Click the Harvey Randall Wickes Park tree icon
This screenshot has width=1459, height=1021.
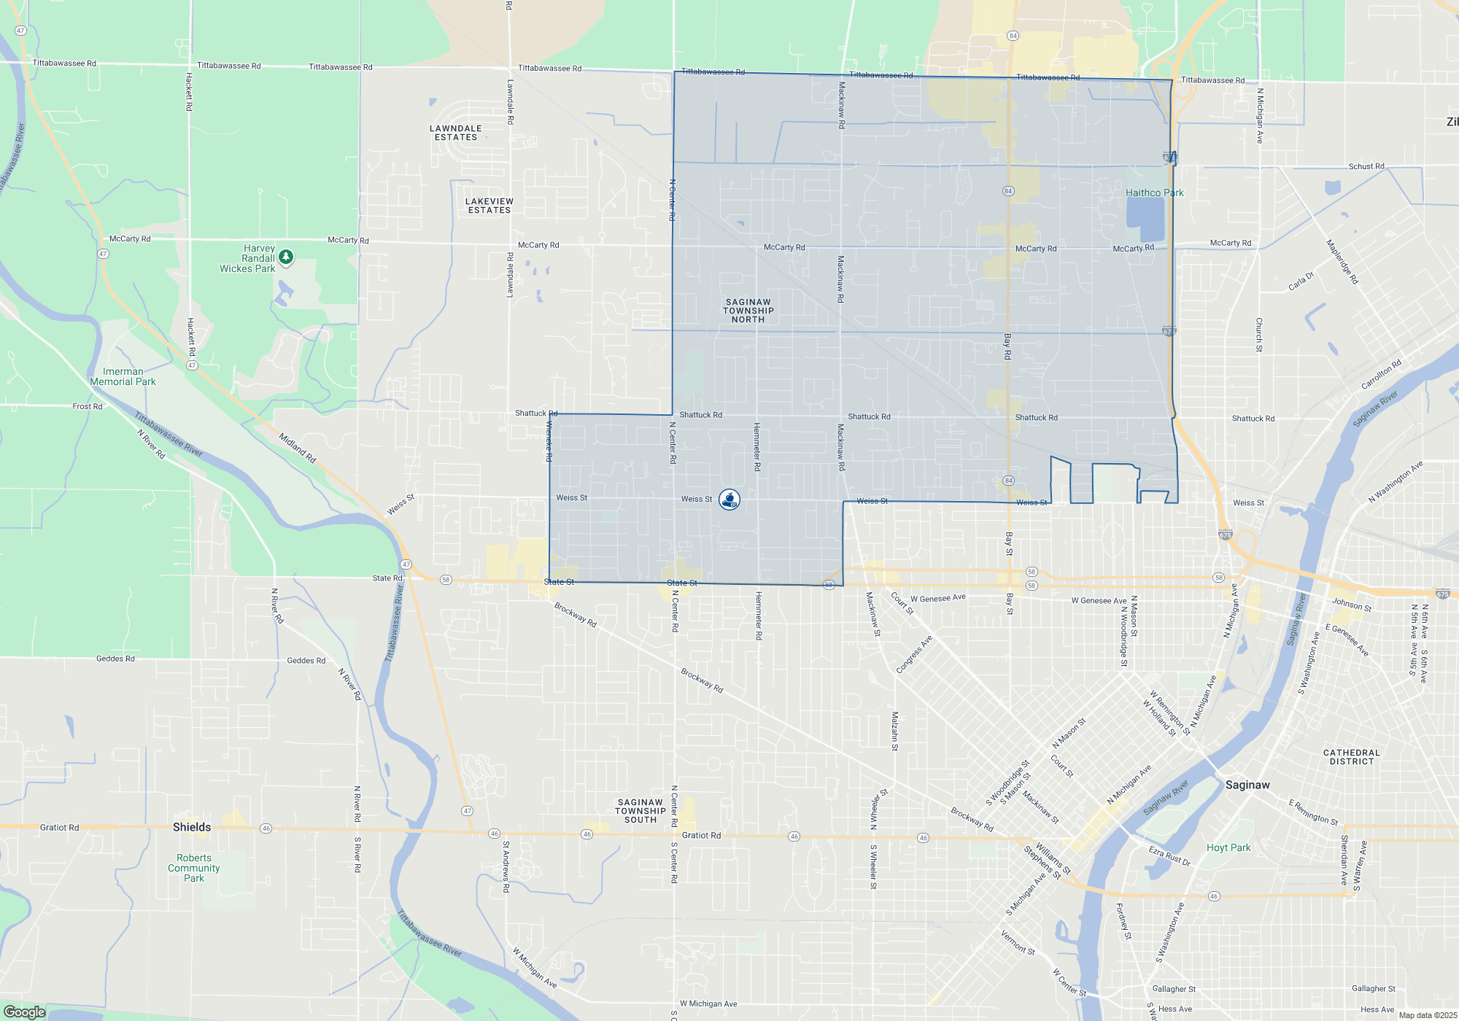click(x=286, y=257)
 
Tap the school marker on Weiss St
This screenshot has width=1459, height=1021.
click(x=729, y=500)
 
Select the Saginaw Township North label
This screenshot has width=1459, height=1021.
click(x=748, y=311)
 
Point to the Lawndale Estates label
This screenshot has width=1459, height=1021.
click(x=456, y=133)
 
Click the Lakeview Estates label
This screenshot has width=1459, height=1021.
click(x=489, y=206)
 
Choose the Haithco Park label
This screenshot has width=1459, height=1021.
click(x=1154, y=193)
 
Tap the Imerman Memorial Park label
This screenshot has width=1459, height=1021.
click(x=123, y=377)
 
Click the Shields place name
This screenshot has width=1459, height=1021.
click(x=192, y=827)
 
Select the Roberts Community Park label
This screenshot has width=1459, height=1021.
click(x=194, y=868)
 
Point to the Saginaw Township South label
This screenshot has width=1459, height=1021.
click(x=641, y=811)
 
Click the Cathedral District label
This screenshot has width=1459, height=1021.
click(x=1352, y=757)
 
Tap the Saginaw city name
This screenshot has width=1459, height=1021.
click(x=1247, y=785)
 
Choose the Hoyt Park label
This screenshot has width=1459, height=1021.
click(x=1228, y=848)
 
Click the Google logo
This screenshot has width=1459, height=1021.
click(x=25, y=1012)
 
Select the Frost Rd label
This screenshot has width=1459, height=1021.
click(x=88, y=407)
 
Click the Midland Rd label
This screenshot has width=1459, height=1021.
click(x=298, y=448)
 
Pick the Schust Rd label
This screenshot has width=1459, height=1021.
click(x=1366, y=166)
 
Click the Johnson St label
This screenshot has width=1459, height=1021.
click(x=1352, y=605)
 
